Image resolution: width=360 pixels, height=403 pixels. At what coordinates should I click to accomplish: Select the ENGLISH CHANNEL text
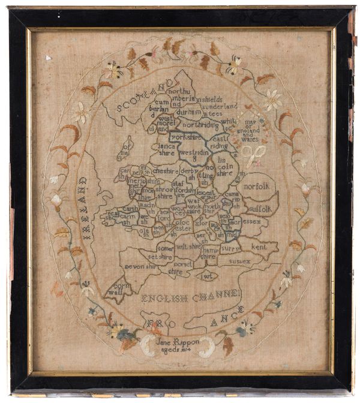click(191, 296)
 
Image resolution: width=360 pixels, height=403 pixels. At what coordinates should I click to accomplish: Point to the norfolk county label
click(257, 185)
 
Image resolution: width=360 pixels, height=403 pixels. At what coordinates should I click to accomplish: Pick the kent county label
click(259, 246)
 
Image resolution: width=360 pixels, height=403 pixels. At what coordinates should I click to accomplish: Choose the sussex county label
click(239, 261)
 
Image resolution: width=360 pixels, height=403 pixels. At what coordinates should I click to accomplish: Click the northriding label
click(200, 125)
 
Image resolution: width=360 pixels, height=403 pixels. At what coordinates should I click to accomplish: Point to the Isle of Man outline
click(126, 146)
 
